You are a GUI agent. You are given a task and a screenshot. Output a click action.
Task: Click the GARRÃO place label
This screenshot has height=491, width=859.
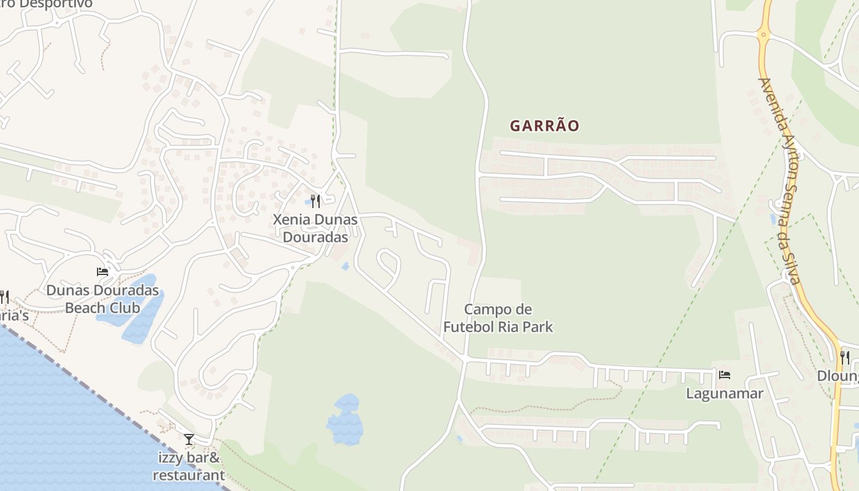[x=544, y=126]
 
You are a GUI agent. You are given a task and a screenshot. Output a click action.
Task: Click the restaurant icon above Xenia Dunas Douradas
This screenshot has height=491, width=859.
[x=316, y=201]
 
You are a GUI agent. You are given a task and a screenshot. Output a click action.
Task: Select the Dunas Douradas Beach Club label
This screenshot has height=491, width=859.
[x=102, y=299]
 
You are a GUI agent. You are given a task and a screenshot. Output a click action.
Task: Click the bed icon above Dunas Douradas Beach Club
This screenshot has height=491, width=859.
[x=102, y=272]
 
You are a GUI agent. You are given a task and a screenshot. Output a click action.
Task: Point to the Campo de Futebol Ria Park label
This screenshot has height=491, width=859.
[x=498, y=318]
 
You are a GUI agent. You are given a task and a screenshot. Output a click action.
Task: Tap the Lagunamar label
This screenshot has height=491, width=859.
[x=724, y=393]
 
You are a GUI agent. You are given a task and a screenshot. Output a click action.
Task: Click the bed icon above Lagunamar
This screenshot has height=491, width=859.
[x=725, y=374]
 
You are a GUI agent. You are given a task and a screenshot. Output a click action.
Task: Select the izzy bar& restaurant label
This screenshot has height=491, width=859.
[x=188, y=466]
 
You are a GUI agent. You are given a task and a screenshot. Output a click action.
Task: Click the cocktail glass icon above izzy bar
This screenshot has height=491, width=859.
[x=189, y=439]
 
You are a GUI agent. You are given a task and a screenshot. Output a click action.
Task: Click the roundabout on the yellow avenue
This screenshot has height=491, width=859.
[x=763, y=34]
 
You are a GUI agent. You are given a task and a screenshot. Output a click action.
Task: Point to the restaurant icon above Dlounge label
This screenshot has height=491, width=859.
[x=845, y=357]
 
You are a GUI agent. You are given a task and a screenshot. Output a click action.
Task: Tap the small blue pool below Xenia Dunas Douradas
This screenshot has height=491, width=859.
[x=345, y=266]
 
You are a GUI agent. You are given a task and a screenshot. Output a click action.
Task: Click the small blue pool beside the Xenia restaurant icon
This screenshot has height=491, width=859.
[x=308, y=202]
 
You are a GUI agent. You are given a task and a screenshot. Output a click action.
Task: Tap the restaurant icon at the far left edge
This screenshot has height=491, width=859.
[x=4, y=297]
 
